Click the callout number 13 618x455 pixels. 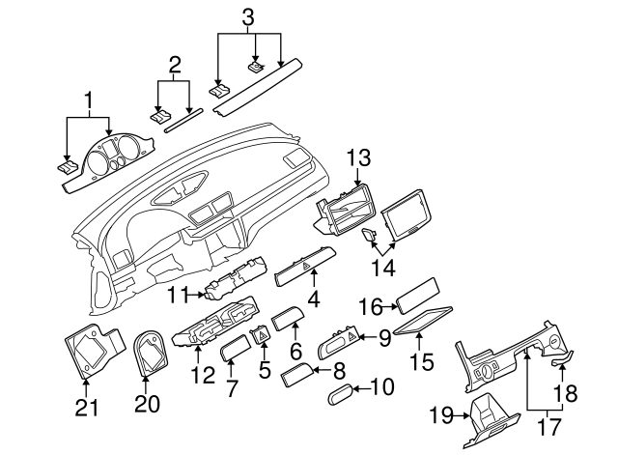[358, 157]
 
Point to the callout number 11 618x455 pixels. [177, 293]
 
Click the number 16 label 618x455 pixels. [371, 306]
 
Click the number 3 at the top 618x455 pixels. [248, 16]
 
